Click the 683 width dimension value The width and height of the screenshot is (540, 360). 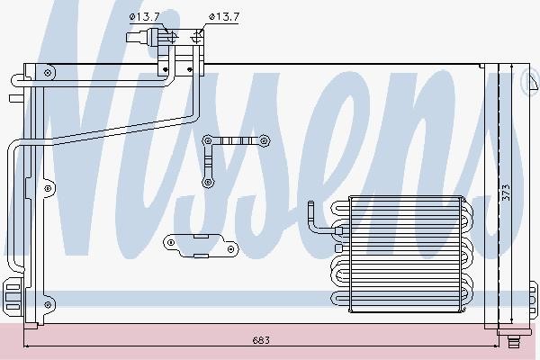point(261,340)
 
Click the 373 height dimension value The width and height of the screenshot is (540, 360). point(506,193)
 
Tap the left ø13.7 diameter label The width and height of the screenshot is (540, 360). point(144,16)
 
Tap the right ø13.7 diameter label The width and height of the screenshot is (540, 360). point(224,16)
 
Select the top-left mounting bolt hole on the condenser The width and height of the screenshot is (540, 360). point(48,73)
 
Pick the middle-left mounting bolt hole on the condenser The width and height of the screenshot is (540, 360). point(48,188)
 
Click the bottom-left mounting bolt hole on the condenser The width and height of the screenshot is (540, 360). point(48,304)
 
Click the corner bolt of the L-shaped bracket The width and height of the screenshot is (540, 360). point(207,140)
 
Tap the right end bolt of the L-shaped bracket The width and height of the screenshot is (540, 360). point(264,140)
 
